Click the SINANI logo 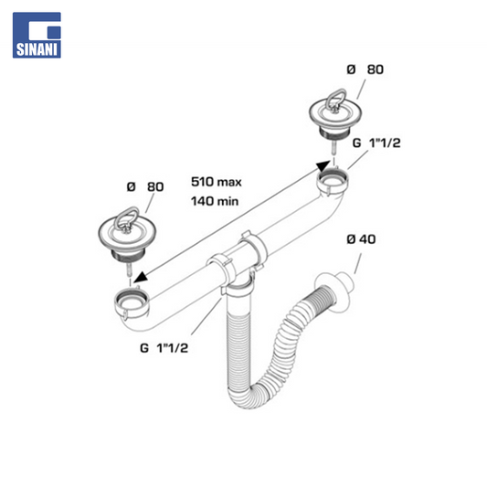click(37, 35)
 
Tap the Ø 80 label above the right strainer click(365, 69)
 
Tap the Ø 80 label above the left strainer click(145, 186)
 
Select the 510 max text click(217, 182)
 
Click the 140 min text click(215, 201)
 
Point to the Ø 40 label click(361, 239)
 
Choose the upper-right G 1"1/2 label click(376, 143)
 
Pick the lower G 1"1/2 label click(164, 348)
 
